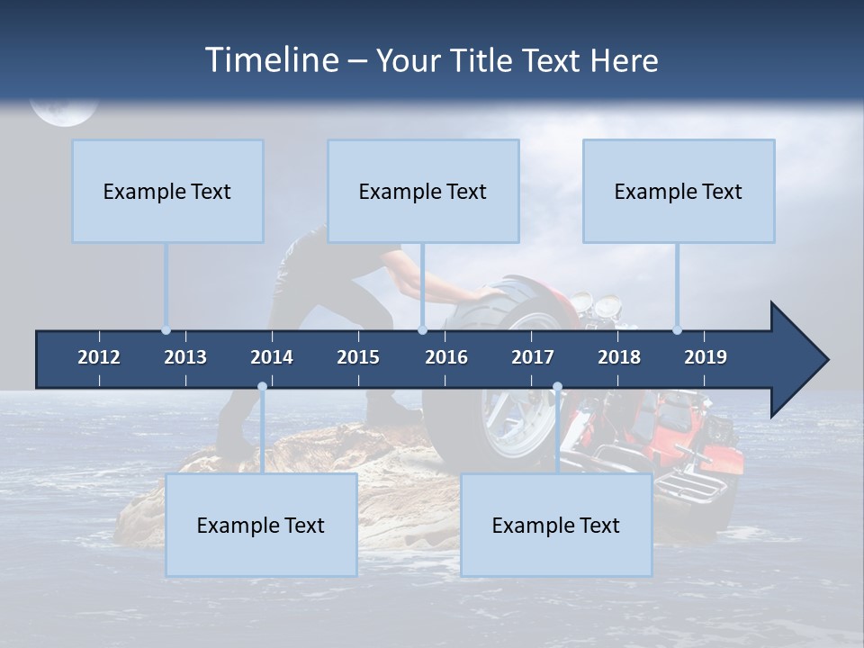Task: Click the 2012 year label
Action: [99, 357]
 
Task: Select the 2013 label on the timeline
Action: [185, 357]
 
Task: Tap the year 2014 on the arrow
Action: [272, 357]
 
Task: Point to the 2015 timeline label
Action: [358, 357]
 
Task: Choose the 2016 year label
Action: [446, 357]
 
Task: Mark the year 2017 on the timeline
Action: [533, 357]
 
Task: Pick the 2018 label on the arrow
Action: [619, 357]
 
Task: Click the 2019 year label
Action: [706, 357]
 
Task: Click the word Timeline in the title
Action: [269, 60]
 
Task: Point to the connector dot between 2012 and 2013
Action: [166, 330]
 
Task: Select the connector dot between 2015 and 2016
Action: [422, 330]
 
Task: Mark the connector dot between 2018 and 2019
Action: [678, 330]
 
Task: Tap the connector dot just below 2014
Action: [262, 387]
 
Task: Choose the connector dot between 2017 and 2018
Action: [557, 387]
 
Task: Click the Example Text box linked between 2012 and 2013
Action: [167, 192]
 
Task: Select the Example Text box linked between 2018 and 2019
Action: [679, 192]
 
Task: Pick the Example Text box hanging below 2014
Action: [261, 526]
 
